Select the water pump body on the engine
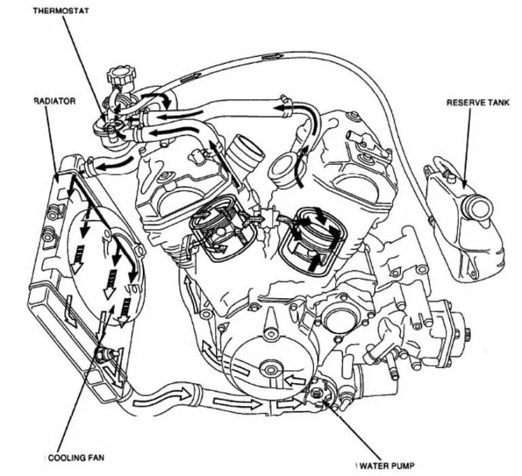click(x=319, y=395)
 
